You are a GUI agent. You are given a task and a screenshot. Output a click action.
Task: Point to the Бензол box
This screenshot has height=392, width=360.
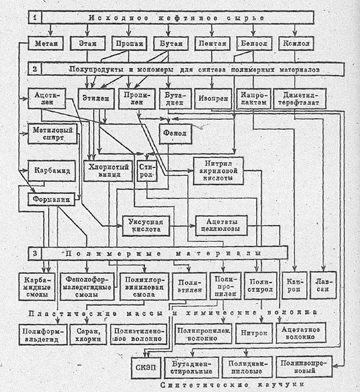[x=254, y=44]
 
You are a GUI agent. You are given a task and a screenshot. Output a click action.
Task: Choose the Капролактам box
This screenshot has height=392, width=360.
[x=254, y=97]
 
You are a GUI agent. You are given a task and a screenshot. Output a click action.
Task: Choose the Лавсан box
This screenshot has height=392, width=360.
[x=323, y=284]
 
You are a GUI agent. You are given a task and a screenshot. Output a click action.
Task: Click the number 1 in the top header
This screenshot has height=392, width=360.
[x=36, y=17]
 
